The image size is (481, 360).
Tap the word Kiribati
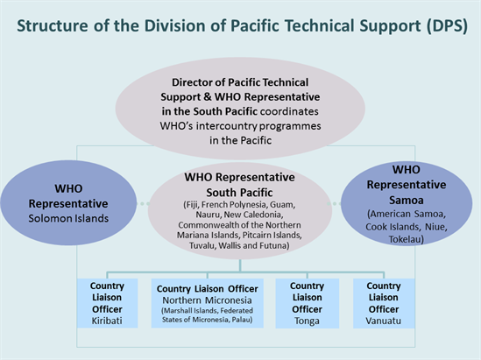107,321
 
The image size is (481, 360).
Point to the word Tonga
307,321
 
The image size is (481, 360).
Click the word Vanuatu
383,321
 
